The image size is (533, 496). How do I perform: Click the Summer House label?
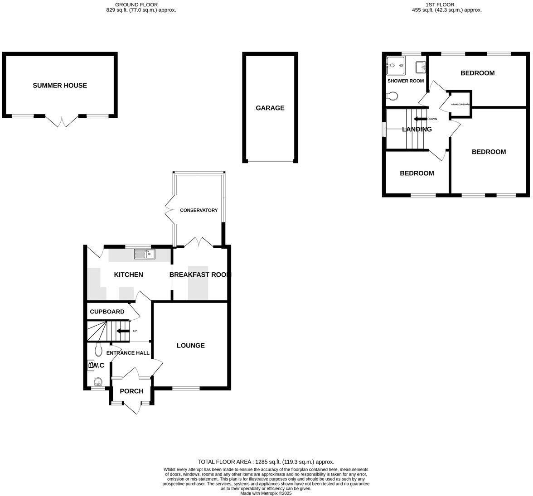[60, 86]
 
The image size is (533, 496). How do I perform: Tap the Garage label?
[270, 108]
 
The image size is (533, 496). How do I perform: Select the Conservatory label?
[199, 210]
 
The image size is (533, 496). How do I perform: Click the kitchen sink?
[145, 255]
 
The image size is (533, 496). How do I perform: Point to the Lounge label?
[190, 346]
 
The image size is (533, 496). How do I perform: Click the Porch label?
[131, 391]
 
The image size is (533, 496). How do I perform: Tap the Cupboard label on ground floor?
[107, 312]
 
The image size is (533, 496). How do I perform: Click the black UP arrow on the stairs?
[122, 331]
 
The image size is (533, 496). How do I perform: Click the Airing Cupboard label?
[460, 105]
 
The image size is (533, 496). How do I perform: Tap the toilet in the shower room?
[392, 96]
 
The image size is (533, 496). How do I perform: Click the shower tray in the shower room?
[395, 66]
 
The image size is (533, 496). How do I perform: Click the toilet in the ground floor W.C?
[97, 350]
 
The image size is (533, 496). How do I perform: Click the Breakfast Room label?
[200, 274]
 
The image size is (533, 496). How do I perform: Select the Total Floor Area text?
[266, 462]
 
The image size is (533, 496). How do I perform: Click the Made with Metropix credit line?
[266, 493]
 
